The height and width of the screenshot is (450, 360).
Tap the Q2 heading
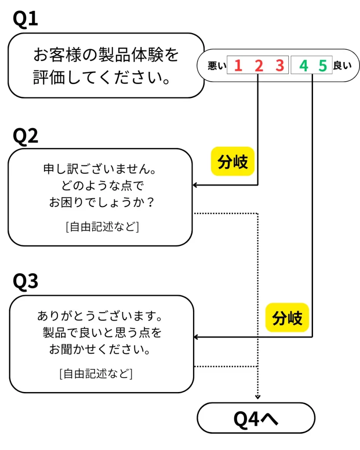tap(25, 137)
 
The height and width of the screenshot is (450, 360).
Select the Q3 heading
tap(25, 282)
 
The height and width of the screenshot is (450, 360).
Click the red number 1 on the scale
tap(238, 66)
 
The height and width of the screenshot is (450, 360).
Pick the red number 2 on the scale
tap(258, 66)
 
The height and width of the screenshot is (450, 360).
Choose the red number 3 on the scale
tap(280, 66)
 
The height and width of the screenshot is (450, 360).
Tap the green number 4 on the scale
tap(303, 66)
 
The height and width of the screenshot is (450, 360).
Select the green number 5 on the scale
tap(323, 66)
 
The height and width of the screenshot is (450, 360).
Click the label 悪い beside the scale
tap(217, 66)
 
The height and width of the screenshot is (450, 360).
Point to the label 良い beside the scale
tap(342, 66)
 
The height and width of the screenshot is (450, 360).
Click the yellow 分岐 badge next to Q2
tap(233, 162)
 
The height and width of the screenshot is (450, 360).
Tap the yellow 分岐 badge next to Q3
tap(287, 317)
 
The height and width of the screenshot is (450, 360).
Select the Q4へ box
tap(256, 418)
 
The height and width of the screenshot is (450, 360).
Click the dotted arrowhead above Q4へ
tap(258, 396)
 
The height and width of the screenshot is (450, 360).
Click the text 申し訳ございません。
tap(100, 169)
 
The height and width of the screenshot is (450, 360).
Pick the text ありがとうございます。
tap(100, 316)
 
